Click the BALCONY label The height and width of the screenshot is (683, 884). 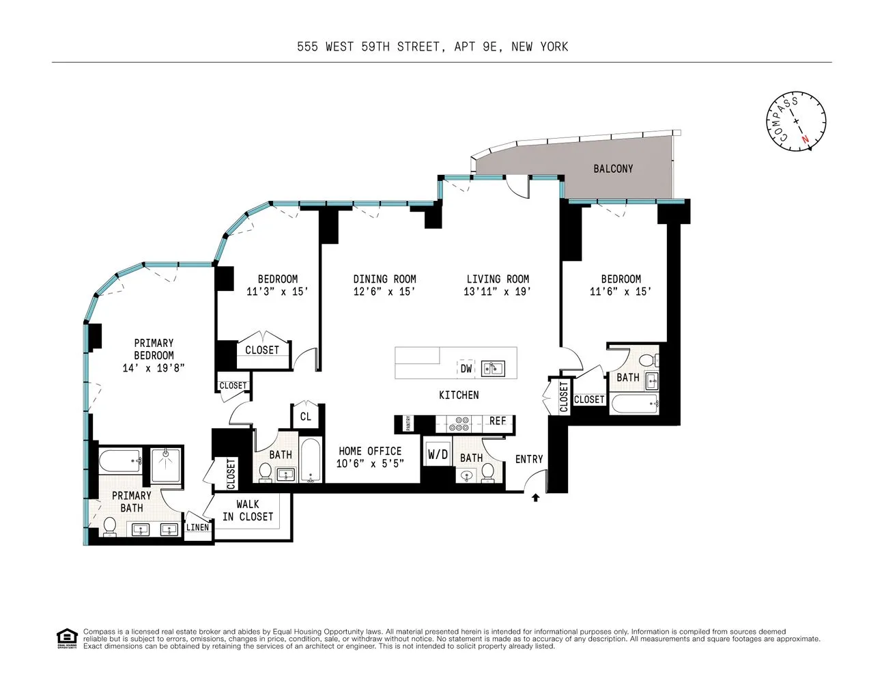coord(612,169)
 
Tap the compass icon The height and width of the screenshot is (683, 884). coord(795,121)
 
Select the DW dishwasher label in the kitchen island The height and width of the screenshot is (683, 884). coord(466,369)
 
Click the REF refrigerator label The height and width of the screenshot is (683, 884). coord(498,421)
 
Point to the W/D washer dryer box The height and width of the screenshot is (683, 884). coord(438,454)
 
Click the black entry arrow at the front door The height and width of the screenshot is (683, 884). coord(536,498)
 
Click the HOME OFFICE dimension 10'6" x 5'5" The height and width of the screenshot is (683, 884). coord(370,464)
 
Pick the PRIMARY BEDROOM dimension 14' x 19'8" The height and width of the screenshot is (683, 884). coord(154,368)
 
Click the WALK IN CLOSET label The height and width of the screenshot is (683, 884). coord(247,511)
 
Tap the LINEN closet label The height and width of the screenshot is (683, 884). coord(197,527)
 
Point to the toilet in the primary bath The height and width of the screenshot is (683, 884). coord(109,527)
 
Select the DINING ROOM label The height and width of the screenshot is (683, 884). coord(384,279)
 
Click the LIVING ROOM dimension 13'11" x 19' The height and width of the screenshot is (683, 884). coord(498,292)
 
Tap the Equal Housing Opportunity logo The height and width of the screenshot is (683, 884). coord(66,638)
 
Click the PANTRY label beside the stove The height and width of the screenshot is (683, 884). coord(408,424)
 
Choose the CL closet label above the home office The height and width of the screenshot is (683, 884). coord(305,417)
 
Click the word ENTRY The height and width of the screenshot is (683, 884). coord(529,459)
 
